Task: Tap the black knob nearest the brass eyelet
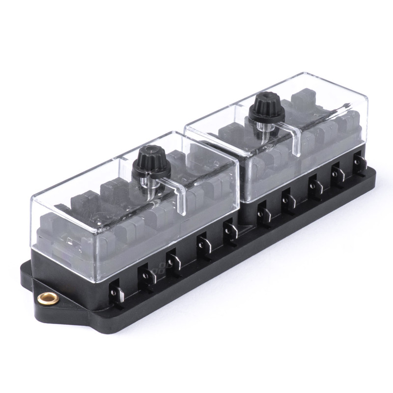click(151, 162)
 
